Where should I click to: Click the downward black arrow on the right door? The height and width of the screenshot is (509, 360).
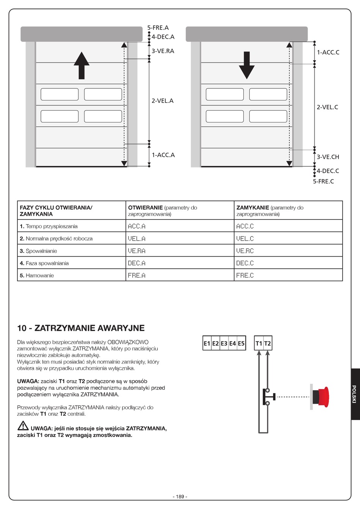[247, 65]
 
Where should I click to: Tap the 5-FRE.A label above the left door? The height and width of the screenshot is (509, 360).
[158, 28]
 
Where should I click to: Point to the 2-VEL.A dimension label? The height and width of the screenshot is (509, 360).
[163, 101]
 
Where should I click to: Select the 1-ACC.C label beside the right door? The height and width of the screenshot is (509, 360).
[328, 52]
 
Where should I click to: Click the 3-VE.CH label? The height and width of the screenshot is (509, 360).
[328, 157]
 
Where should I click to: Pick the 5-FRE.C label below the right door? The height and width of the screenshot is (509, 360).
[323, 182]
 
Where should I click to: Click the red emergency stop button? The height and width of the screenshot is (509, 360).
[322, 397]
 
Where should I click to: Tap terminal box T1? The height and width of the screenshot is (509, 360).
[259, 343]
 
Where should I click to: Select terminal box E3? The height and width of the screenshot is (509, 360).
[224, 343]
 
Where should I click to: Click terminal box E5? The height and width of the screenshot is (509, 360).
[241, 343]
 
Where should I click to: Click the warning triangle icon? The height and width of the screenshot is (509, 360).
[23, 426]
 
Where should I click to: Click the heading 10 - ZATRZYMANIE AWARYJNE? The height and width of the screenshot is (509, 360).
[81, 328]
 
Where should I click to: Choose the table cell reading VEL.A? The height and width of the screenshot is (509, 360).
[137, 239]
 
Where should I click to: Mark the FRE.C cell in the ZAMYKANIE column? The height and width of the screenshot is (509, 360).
[245, 276]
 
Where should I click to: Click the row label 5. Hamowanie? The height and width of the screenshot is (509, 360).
[37, 276]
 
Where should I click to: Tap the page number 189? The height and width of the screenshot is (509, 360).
[180, 496]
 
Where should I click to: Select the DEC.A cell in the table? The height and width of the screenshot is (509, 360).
[137, 263]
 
